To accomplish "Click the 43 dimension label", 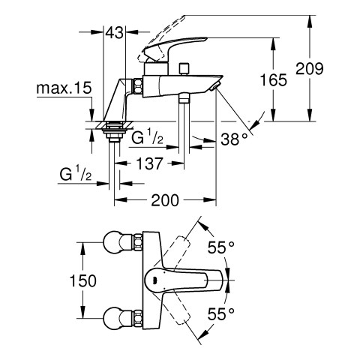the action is [115, 32].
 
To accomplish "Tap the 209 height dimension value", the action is [310, 68].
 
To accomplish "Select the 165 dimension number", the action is [274, 80].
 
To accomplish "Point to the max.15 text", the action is [64, 88].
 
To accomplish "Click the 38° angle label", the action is [234, 139].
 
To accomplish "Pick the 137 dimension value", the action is [149, 163].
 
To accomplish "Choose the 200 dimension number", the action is [165, 200].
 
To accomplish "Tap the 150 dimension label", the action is [82, 280].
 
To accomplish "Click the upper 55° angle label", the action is [221, 247].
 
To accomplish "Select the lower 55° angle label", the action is [221, 314].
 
